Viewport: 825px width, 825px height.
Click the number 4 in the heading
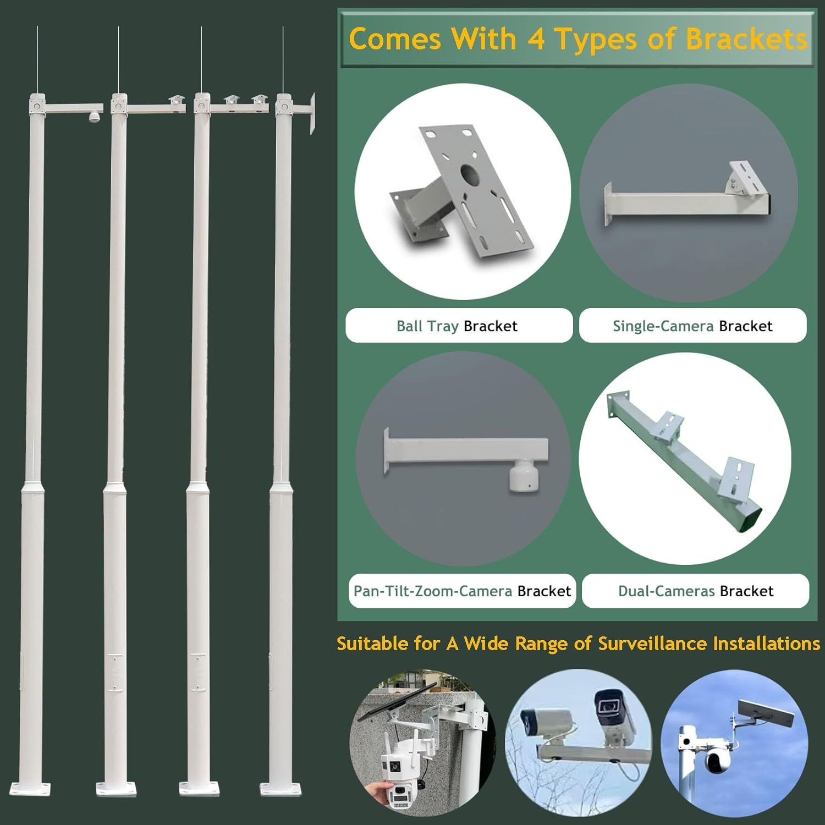536,40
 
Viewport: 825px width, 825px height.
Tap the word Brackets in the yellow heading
746,40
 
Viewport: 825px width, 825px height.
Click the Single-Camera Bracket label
692,326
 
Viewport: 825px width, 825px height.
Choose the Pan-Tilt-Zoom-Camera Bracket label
462,591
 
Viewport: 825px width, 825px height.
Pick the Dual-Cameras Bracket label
695,591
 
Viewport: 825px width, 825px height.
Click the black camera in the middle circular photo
612,706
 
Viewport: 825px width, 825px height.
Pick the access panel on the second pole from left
116,672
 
